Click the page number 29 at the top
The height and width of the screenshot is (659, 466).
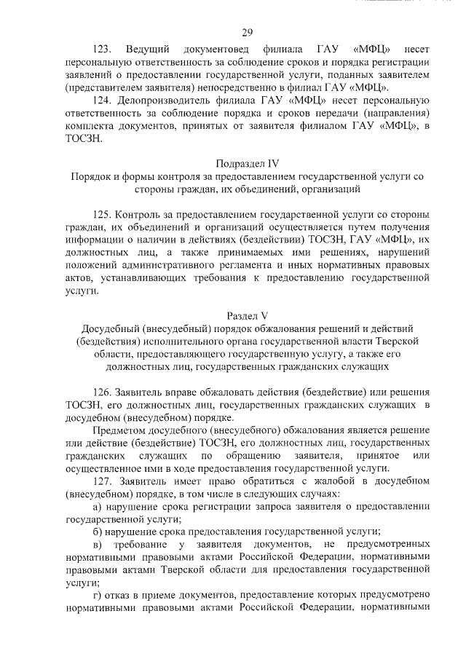click(247, 31)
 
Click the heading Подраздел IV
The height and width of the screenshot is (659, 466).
click(248, 163)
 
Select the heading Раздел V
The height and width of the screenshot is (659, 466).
click(248, 315)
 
